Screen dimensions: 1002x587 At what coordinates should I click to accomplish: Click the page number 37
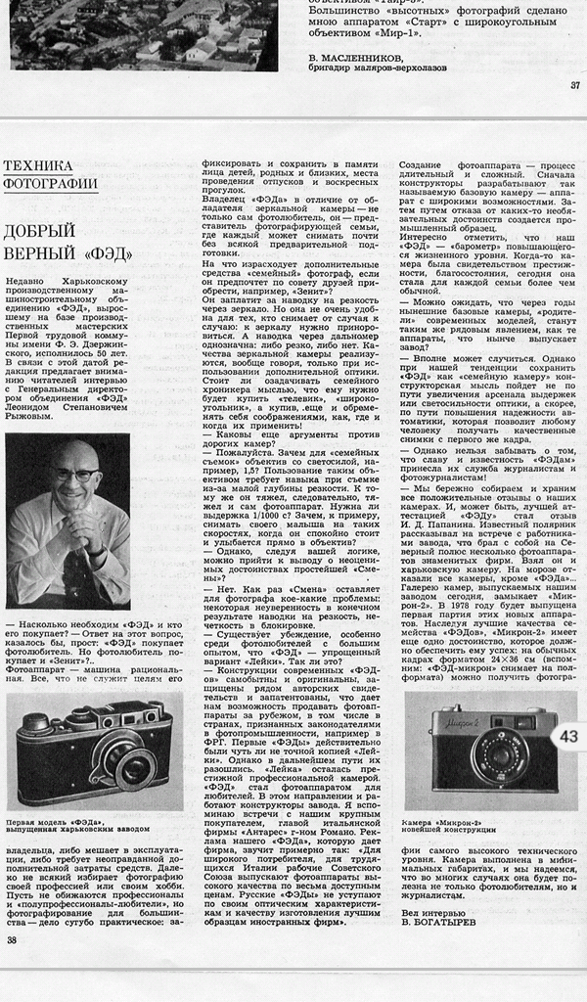pyautogui.click(x=574, y=84)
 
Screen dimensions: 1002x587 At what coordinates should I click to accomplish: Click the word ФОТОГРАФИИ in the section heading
pyautogui.click(x=50, y=182)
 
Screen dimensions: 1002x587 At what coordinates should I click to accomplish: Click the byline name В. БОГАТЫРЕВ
pyautogui.click(x=440, y=921)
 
